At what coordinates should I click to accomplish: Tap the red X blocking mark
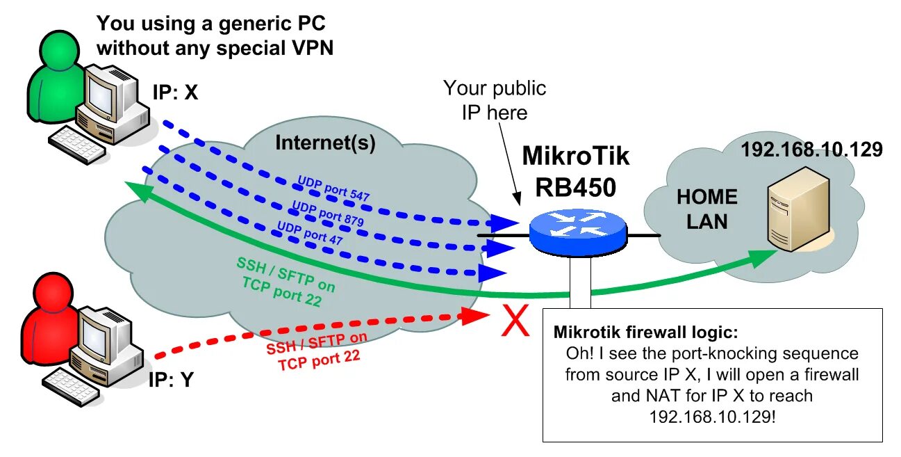(x=515, y=321)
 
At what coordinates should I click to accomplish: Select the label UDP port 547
(x=333, y=189)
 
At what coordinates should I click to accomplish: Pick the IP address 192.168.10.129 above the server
(x=811, y=149)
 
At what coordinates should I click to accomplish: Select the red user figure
(x=42, y=327)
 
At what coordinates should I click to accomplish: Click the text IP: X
(x=175, y=93)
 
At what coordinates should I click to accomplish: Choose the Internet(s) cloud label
(x=325, y=143)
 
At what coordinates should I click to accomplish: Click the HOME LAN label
(x=707, y=209)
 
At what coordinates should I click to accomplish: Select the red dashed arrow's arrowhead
(x=480, y=316)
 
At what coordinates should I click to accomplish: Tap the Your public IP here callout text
(x=495, y=100)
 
